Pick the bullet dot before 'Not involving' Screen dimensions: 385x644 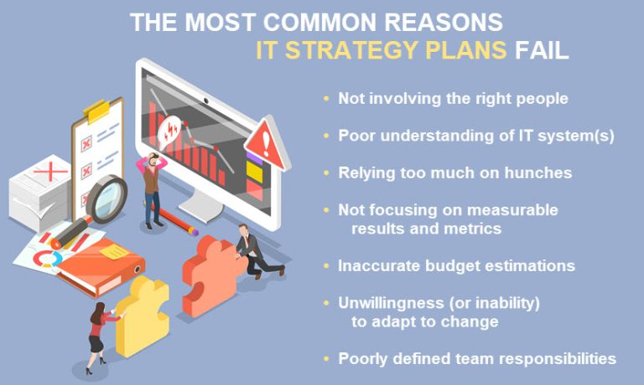326,99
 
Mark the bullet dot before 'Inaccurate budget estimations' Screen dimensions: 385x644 326,266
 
